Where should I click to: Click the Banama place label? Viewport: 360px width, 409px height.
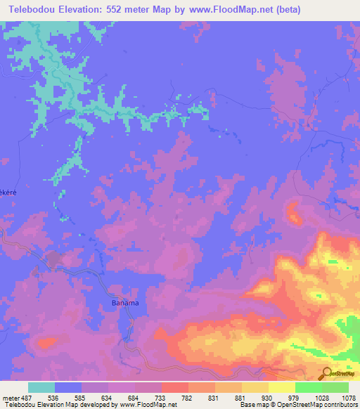pyautogui.click(x=125, y=303)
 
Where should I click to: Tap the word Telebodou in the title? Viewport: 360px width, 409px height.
pyautogui.click(x=30, y=10)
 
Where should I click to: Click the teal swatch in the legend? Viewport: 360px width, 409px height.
pyautogui.click(x=41, y=387)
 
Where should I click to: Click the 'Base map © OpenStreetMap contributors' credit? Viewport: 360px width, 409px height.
pyautogui.click(x=298, y=405)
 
